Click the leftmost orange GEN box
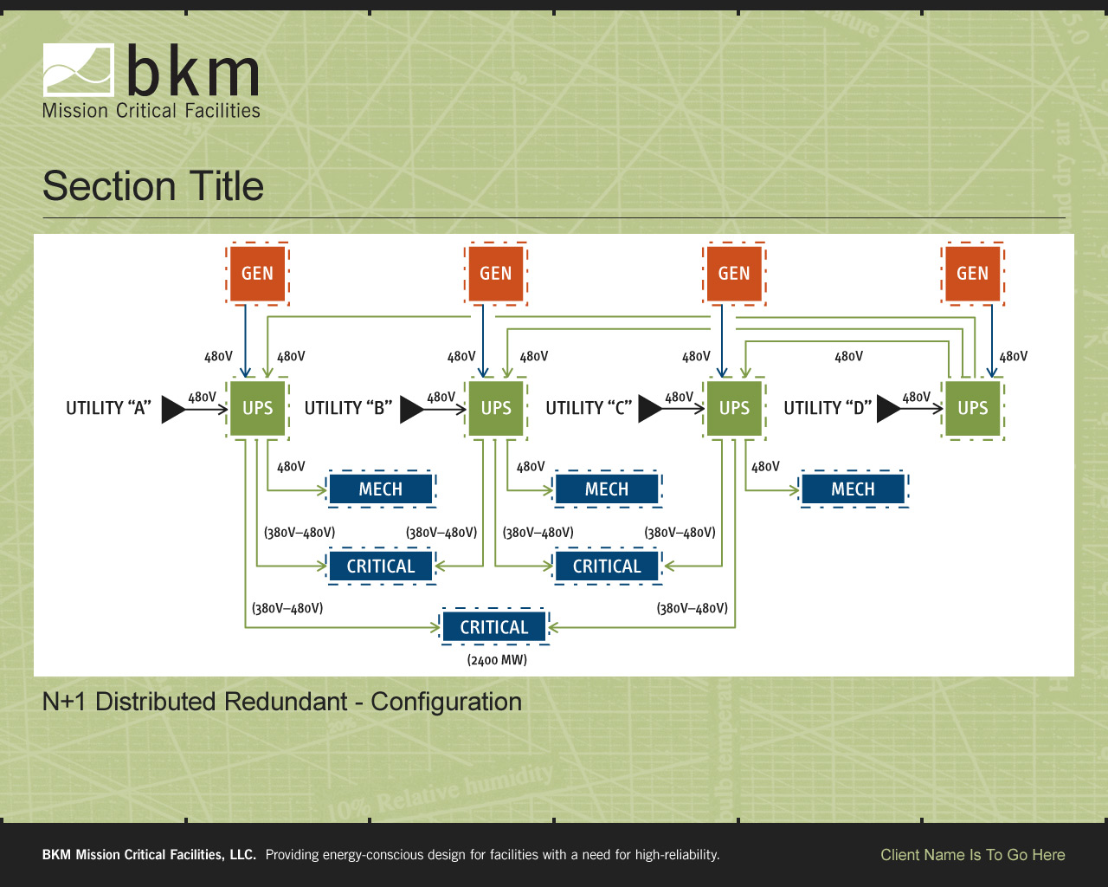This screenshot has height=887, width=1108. click(x=257, y=274)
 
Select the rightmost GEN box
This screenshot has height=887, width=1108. click(x=972, y=274)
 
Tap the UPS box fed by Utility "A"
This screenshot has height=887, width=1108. click(x=257, y=408)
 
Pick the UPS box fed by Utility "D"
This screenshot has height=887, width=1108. click(x=972, y=408)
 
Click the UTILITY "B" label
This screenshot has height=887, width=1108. click(x=348, y=408)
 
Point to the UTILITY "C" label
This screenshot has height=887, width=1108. click(x=589, y=408)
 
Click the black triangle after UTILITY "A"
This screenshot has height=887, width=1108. click(x=173, y=409)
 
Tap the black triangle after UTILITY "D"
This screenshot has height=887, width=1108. click(x=888, y=409)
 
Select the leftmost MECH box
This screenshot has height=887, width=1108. click(x=381, y=489)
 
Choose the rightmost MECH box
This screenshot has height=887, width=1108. click(x=853, y=489)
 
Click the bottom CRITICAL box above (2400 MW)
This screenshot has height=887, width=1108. click(x=494, y=627)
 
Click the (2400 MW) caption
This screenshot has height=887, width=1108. click(x=497, y=660)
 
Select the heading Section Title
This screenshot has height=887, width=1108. click(x=153, y=186)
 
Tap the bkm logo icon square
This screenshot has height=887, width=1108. click(x=79, y=70)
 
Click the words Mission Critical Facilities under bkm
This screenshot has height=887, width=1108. click(x=151, y=111)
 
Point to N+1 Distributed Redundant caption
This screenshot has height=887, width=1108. click(x=282, y=702)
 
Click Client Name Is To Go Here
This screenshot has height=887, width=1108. click(x=973, y=855)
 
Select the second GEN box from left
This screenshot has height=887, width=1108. click(x=496, y=274)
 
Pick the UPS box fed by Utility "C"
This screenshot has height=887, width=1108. click(x=734, y=408)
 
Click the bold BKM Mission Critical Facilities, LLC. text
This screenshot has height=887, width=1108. click(x=149, y=855)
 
